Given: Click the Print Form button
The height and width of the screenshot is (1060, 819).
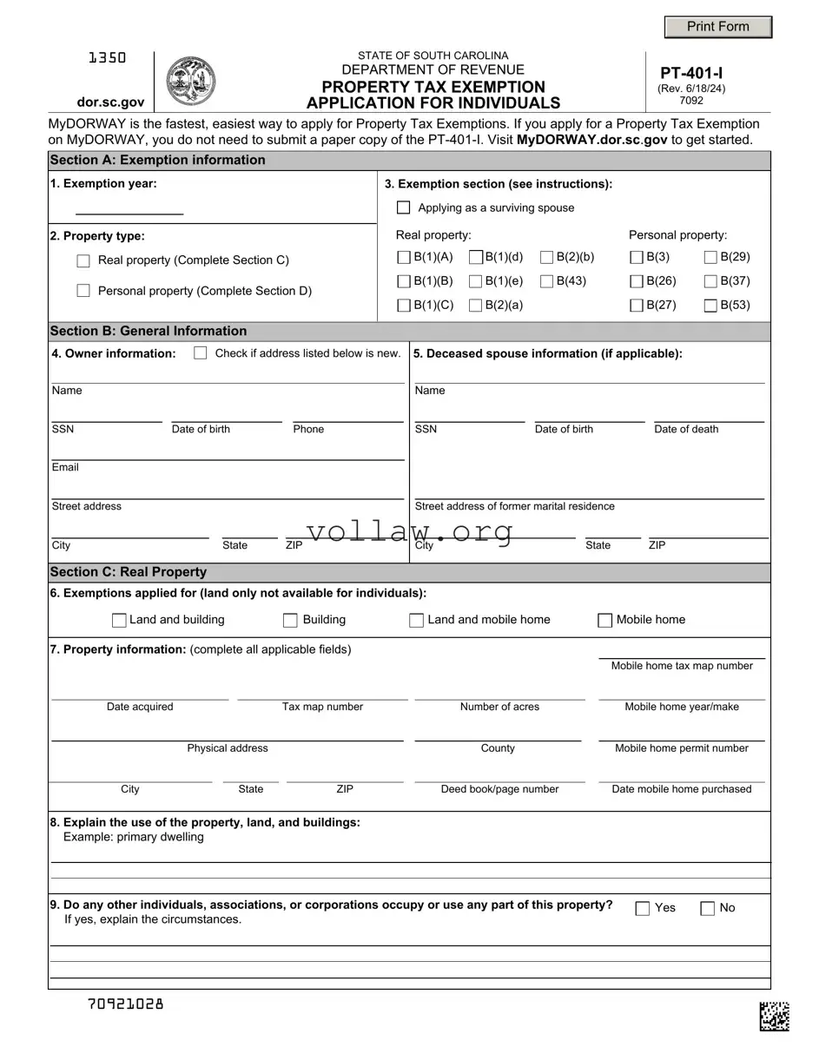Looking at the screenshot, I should [x=717, y=27].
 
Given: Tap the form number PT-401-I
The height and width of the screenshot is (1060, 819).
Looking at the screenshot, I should [x=691, y=75].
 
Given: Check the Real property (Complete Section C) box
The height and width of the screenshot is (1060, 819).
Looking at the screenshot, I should [x=83, y=260].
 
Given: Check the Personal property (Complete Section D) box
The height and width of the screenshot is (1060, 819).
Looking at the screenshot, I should [x=83, y=291].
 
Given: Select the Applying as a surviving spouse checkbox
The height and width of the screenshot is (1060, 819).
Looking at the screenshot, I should [x=404, y=207].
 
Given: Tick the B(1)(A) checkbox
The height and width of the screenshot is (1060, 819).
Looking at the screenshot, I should [x=404, y=257].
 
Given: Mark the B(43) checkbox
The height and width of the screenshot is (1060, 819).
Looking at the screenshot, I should [x=547, y=280].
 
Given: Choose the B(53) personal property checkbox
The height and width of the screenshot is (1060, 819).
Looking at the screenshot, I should [x=710, y=305].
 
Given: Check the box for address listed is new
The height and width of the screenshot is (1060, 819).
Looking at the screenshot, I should [x=201, y=353].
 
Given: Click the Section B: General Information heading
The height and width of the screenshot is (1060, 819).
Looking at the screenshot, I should [x=149, y=331].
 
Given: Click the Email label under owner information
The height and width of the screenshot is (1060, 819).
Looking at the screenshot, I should [x=65, y=467].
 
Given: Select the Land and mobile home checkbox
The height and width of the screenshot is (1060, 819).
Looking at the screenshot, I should [x=417, y=620].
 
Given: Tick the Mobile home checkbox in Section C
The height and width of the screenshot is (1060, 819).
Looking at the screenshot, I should [x=605, y=620].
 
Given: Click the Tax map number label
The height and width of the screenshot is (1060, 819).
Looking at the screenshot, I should [x=322, y=707].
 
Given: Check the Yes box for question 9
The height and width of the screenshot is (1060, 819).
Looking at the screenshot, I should [x=643, y=908].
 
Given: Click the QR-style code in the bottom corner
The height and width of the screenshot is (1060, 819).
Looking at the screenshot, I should [x=774, y=1016].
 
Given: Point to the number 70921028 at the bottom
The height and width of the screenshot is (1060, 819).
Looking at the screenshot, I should [x=126, y=1004].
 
